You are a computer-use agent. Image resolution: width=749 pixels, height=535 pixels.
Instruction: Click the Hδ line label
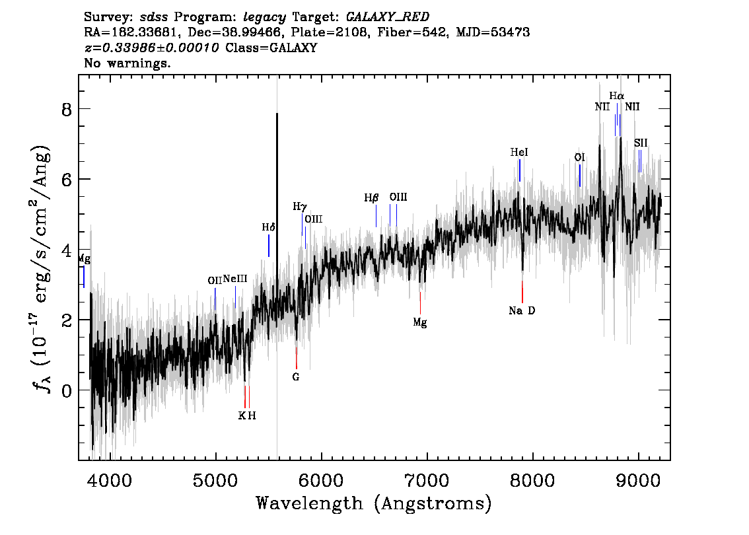tap(268, 227)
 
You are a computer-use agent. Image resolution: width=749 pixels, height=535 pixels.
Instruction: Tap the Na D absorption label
tap(522, 311)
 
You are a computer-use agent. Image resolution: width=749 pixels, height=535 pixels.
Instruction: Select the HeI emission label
tap(519, 153)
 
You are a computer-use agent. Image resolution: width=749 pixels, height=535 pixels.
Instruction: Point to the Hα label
tap(617, 96)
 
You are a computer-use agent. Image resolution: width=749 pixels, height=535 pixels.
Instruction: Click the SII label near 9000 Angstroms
tap(641, 143)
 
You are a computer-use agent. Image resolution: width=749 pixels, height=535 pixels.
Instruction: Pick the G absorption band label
tap(296, 377)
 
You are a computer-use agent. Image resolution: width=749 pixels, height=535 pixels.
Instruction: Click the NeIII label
tap(235, 279)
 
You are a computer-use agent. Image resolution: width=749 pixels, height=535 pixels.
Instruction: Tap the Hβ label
tap(371, 197)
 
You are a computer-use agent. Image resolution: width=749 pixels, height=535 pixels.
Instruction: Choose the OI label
tap(579, 158)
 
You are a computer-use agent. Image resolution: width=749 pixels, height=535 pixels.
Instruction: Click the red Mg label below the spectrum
tap(420, 322)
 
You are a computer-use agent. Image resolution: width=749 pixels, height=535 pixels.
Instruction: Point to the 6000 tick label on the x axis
tap(322, 480)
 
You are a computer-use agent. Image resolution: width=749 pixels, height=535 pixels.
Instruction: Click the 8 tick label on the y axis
tap(67, 110)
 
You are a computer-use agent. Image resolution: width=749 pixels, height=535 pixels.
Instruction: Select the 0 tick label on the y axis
tap(67, 390)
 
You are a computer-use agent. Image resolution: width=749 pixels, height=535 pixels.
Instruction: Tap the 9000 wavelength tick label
tap(638, 480)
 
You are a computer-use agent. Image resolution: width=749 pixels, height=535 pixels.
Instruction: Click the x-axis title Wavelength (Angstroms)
tap(374, 503)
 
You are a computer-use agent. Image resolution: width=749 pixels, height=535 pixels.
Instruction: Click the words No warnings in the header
tap(127, 63)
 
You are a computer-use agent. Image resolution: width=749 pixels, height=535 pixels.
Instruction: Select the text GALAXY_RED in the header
tap(388, 17)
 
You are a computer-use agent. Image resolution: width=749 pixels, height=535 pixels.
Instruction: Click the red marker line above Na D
tap(522, 292)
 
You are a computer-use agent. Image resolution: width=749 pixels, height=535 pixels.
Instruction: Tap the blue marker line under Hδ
tap(269, 246)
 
